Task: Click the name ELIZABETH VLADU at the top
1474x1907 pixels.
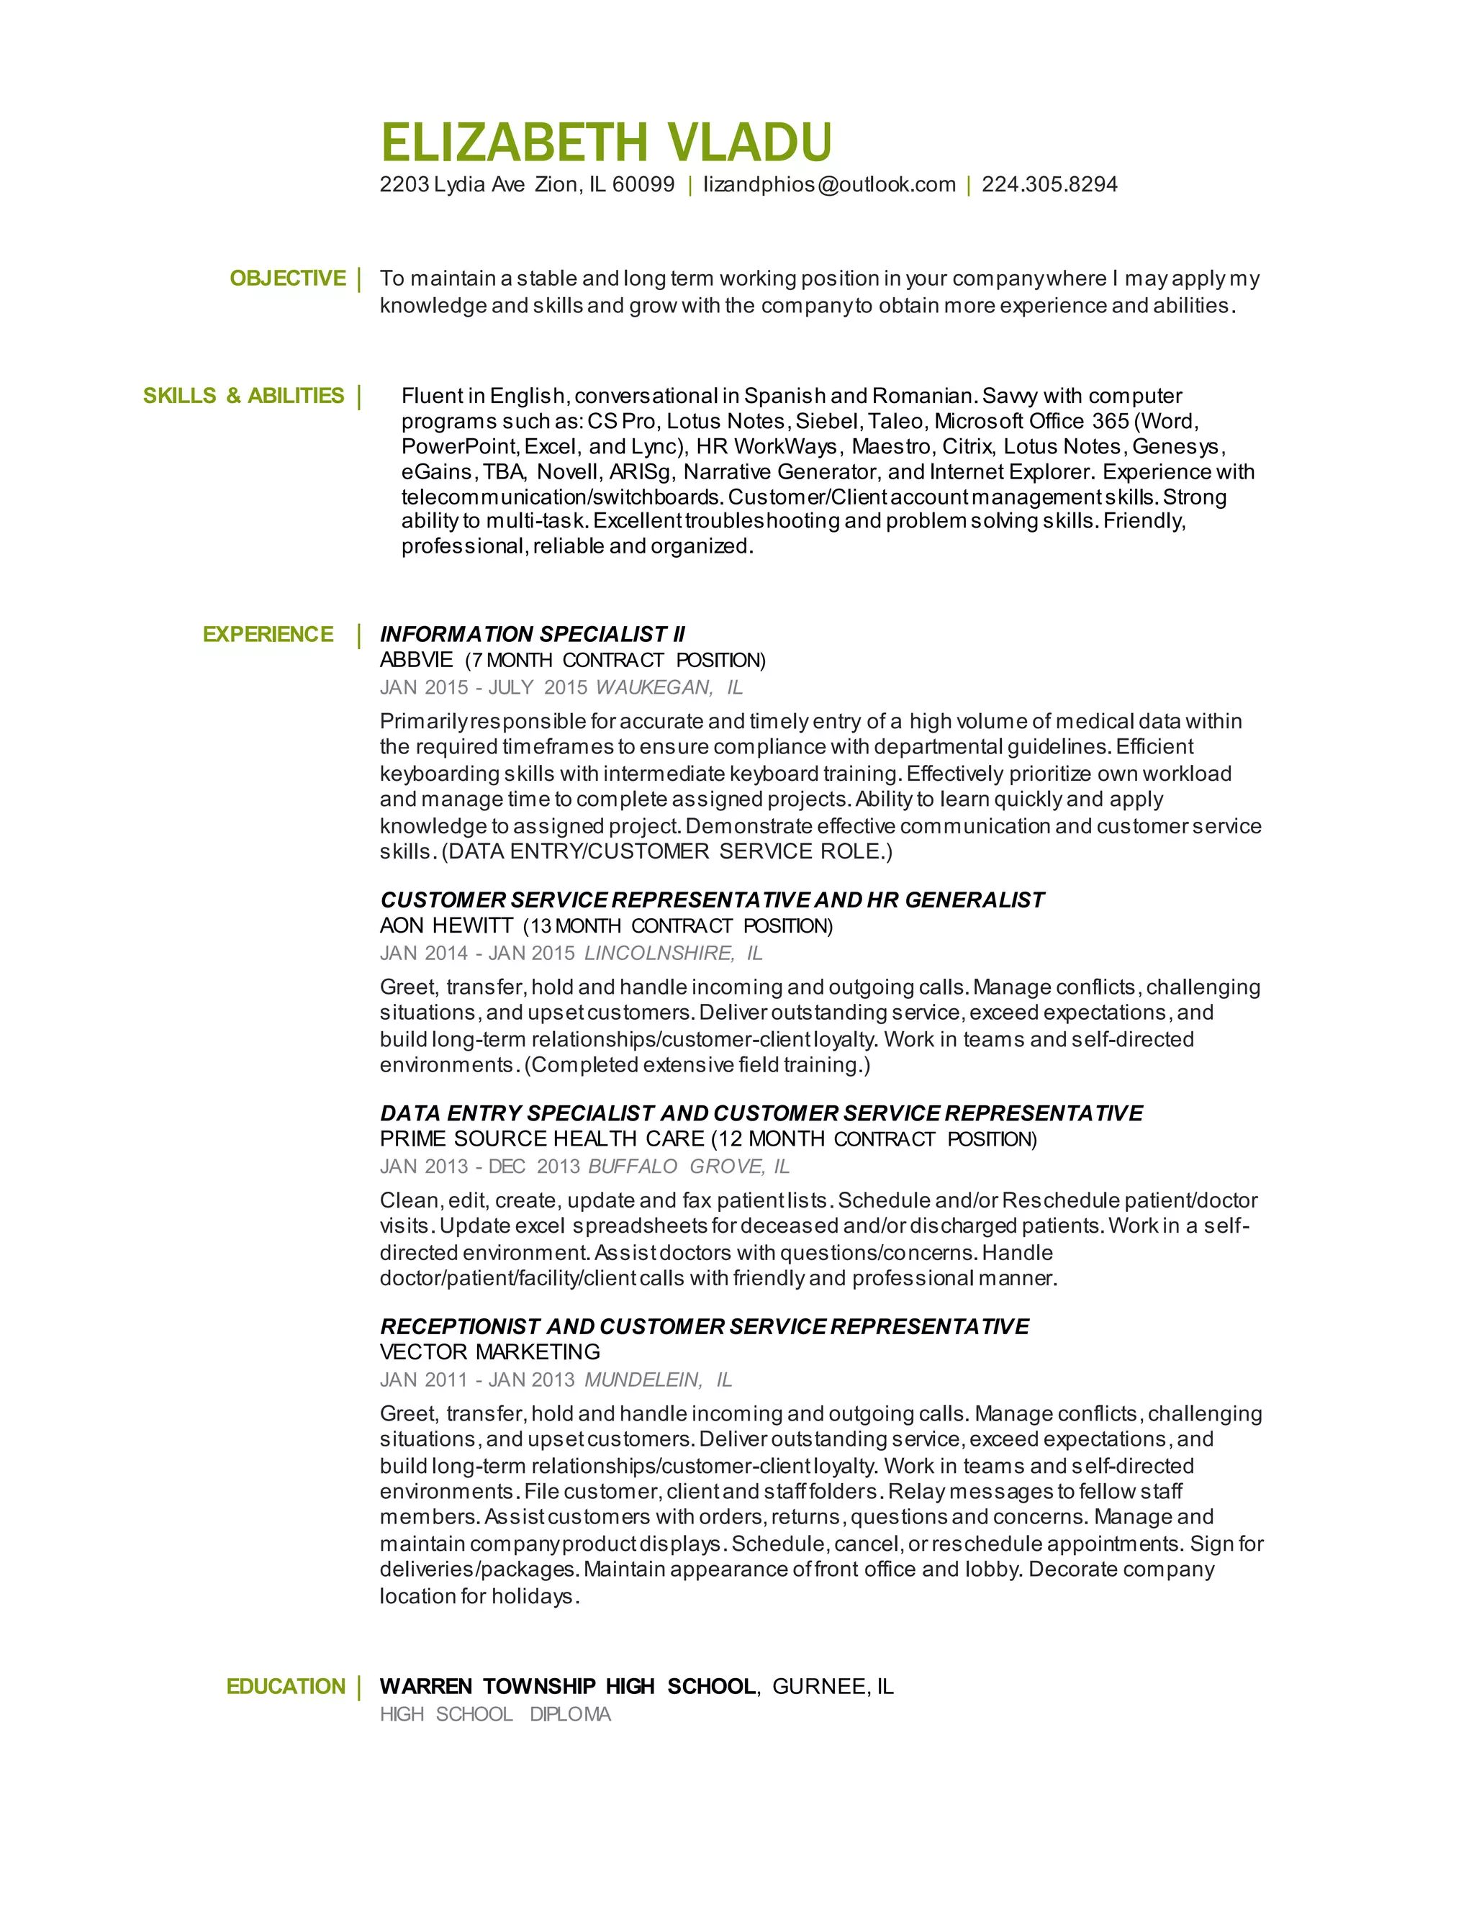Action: (x=606, y=142)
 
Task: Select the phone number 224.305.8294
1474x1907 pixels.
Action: (x=1049, y=185)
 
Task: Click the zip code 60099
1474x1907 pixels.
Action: (x=643, y=185)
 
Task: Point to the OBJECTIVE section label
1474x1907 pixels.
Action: (x=287, y=278)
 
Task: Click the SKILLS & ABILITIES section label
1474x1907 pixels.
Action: (x=244, y=396)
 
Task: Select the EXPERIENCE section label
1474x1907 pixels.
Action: (x=268, y=635)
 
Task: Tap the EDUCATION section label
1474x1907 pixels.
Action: (x=286, y=1686)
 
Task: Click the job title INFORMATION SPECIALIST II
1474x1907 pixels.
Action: (x=533, y=635)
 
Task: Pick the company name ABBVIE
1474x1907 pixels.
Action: (x=417, y=660)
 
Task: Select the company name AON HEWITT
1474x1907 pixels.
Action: (x=446, y=925)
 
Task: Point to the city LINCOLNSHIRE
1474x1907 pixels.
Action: (x=659, y=953)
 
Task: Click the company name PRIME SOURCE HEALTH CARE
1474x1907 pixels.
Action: (x=542, y=1139)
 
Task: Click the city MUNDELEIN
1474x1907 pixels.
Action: (x=643, y=1380)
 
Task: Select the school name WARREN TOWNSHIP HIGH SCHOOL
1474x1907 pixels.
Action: (x=568, y=1686)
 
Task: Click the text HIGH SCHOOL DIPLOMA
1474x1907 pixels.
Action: (x=495, y=1714)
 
